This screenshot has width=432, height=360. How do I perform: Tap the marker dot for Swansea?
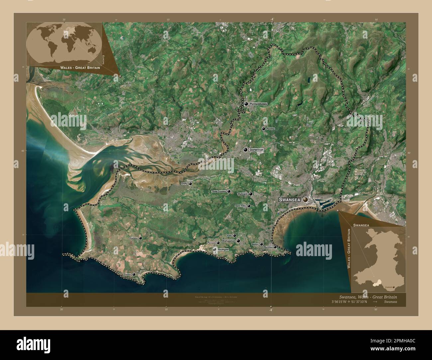pyautogui.click(x=305, y=199)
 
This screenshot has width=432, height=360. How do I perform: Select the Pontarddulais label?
pyautogui.click(x=258, y=104)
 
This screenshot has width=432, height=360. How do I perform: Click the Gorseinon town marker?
pyautogui.click(x=246, y=150)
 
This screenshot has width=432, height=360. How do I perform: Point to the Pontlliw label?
pyautogui.click(x=271, y=129)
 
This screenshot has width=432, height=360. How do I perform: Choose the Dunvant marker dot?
pyautogui.click(x=251, y=194)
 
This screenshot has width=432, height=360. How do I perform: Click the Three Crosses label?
pyautogui.click(x=219, y=192)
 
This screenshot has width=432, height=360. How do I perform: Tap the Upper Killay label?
pyautogui.click(x=240, y=206)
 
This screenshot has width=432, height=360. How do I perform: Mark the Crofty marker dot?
pyautogui.click(x=190, y=183)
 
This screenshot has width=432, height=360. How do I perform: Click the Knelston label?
pyautogui.click(x=134, y=238)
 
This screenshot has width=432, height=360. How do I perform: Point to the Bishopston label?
pyautogui.click(x=228, y=241)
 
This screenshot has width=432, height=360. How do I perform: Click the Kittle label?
pyautogui.click(x=229, y=235)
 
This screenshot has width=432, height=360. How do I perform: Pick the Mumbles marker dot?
pyautogui.click(x=275, y=247)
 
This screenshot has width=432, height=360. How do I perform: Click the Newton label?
pyautogui.click(x=255, y=244)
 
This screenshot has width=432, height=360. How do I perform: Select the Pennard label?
pyautogui.click(x=211, y=243)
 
